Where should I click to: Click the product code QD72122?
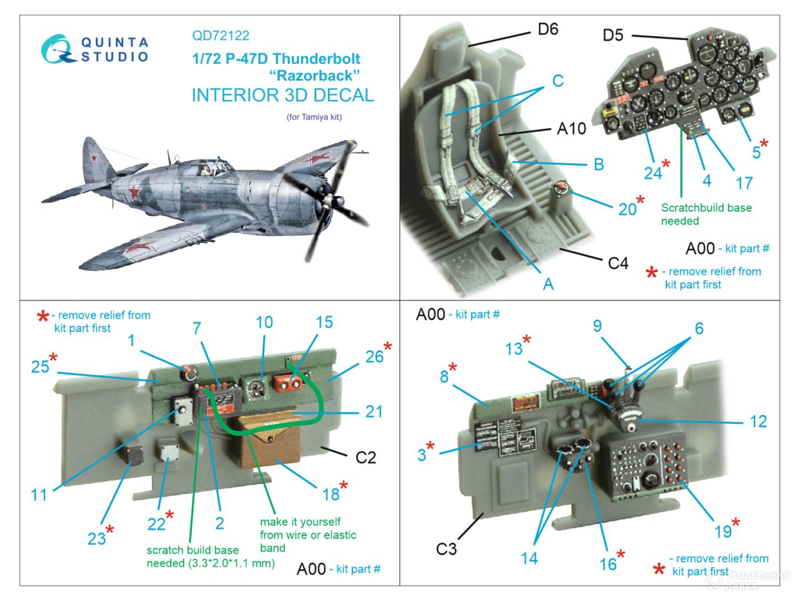pos(220,35)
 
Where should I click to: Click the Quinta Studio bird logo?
pos(58,49)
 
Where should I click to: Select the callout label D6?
pos(547,29)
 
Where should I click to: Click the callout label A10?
pos(571,129)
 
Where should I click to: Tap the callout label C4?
pos(618,263)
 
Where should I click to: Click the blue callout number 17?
pos(744,183)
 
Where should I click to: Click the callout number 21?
pos(373,411)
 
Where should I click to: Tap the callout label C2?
pos(365,457)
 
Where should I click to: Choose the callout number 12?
pos(758,421)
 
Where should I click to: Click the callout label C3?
pos(446,549)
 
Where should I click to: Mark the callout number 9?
pos(597,326)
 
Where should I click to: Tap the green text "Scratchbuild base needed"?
pos(706,214)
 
